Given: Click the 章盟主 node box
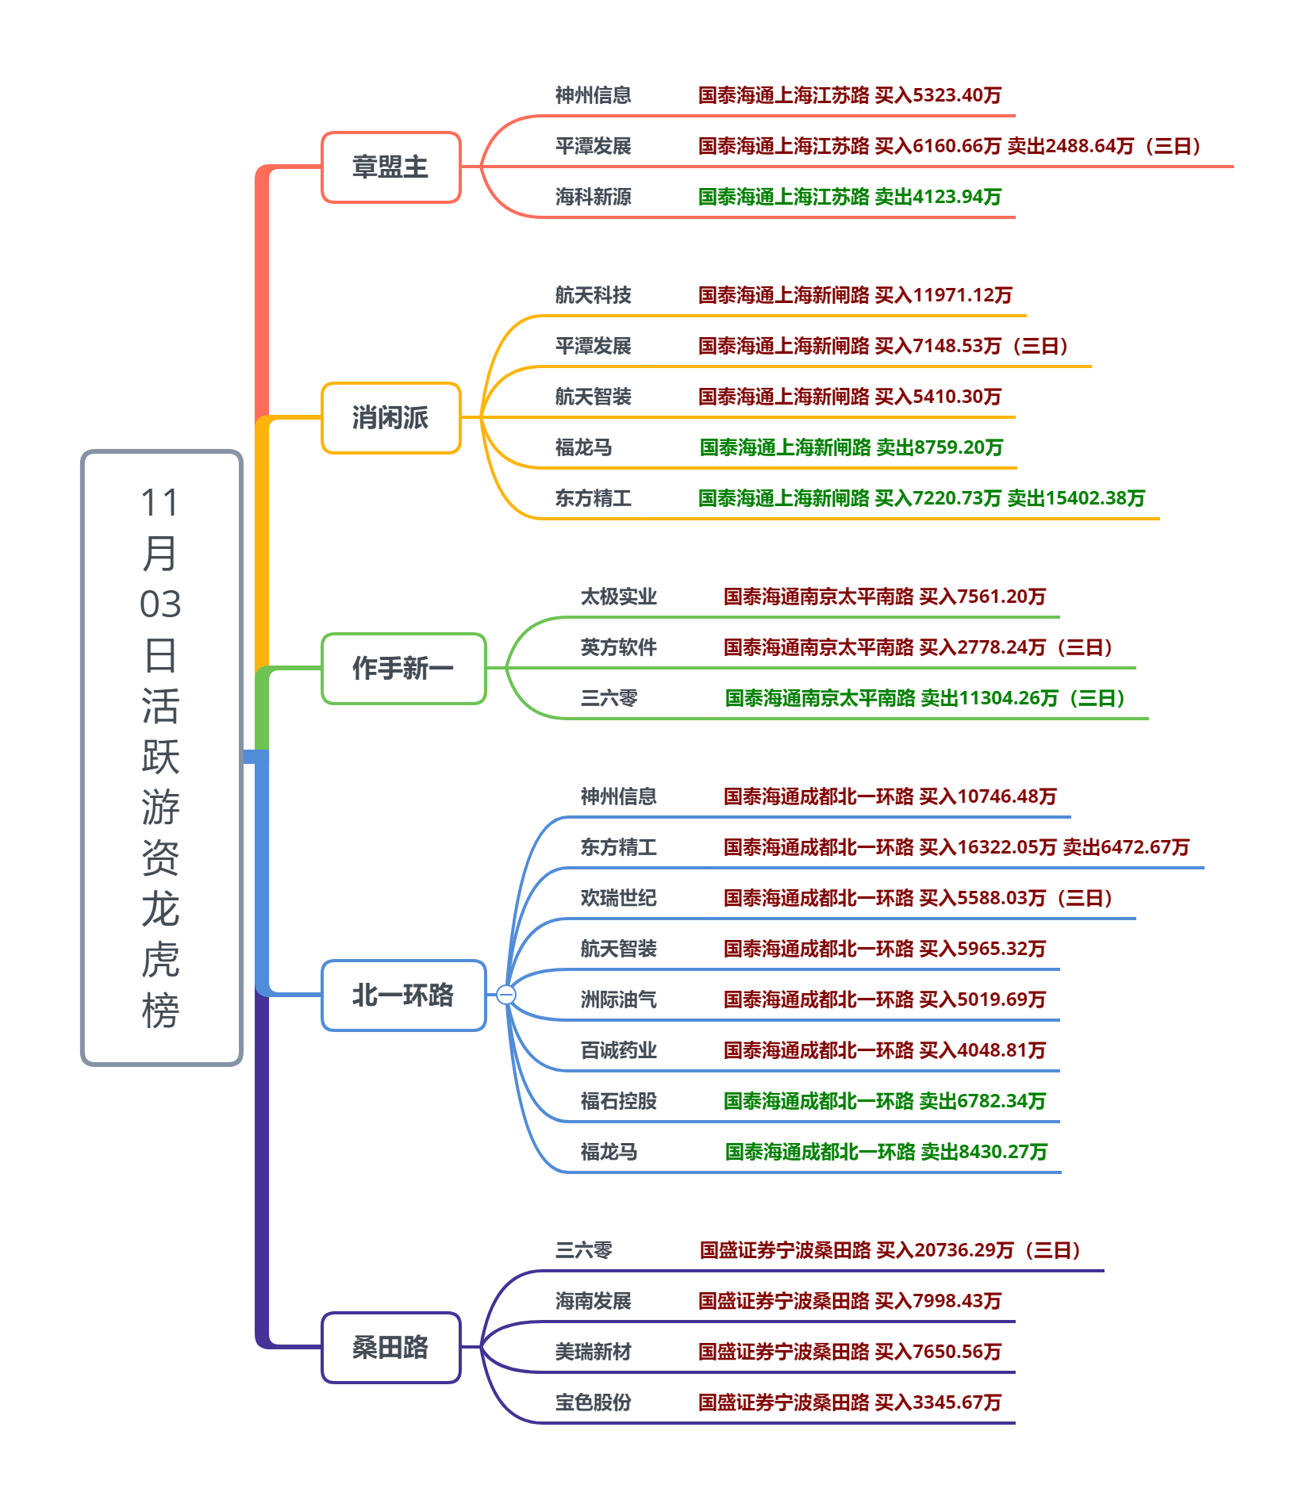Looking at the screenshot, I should point(390,167).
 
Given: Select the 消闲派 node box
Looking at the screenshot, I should point(390,418).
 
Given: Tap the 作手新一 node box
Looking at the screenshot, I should point(403,669).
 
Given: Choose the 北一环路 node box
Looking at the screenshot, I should point(403,996).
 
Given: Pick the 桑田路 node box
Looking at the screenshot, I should point(390,1348).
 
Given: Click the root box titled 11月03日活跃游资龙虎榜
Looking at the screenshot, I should point(161,758).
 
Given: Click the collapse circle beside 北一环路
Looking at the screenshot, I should point(505,995).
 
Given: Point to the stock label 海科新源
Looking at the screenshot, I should point(593,197).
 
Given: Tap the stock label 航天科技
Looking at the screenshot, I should point(593,295).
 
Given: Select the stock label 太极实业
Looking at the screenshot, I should point(618,597).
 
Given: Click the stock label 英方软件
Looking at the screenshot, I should point(618,647).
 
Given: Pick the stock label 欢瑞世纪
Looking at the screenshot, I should point(618,898).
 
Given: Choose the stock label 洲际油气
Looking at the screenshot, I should point(618,999).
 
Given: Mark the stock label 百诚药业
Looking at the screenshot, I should point(618,1050).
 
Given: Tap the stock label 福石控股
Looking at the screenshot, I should point(618,1101).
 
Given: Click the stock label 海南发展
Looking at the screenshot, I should point(593,1301).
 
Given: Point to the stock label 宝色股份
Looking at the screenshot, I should point(593,1402).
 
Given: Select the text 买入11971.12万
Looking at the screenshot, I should point(943,295).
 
